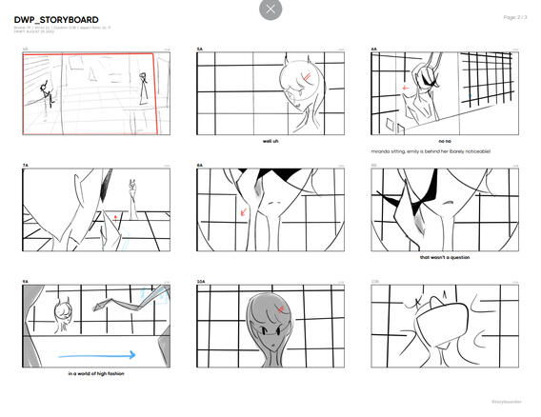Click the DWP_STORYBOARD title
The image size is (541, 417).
coord(56,20)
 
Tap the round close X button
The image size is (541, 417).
coord(270,10)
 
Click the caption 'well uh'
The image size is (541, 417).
coord(270,142)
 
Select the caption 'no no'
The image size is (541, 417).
coord(444,142)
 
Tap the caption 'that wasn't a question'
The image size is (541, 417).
coord(444,257)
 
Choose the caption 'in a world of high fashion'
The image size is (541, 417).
coord(96,373)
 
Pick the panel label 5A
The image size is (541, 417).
coord(200,50)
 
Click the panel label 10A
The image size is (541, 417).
coord(201,282)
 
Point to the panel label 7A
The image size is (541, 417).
coord(26,166)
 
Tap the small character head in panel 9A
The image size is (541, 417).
coord(66,311)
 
